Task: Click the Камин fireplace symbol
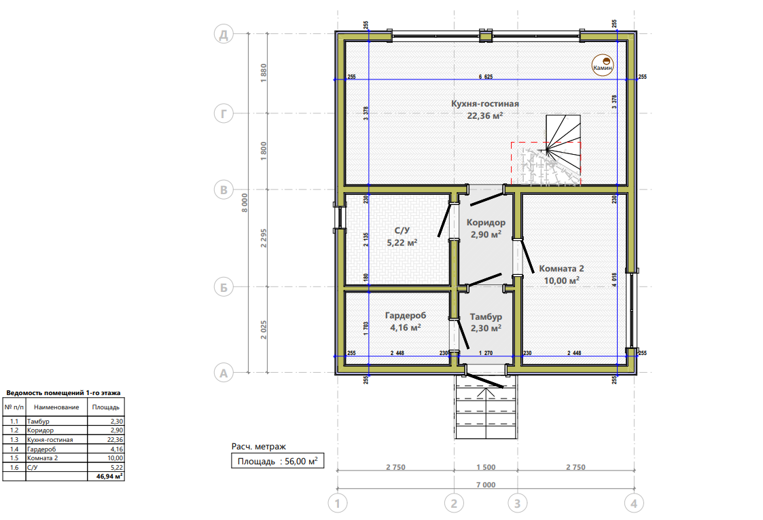[x=603, y=64]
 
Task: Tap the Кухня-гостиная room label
[x=484, y=103]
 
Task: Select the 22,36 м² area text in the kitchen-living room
[x=484, y=115]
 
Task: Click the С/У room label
[x=402, y=230]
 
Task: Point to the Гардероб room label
[x=406, y=316]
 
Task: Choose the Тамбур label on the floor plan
[x=486, y=316]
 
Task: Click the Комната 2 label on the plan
[x=561, y=268]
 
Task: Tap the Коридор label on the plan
[x=486, y=223]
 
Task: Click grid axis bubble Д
[x=224, y=35]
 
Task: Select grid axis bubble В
[x=224, y=189]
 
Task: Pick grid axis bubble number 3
[x=517, y=503]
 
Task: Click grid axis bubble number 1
[x=338, y=503]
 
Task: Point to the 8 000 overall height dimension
[x=245, y=203]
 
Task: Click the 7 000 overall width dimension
[x=486, y=485]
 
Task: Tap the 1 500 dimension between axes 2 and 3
[x=486, y=467]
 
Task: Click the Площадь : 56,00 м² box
[x=277, y=461]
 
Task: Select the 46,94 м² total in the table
[x=109, y=477]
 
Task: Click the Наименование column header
[x=56, y=407]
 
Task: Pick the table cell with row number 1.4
[x=14, y=449]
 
